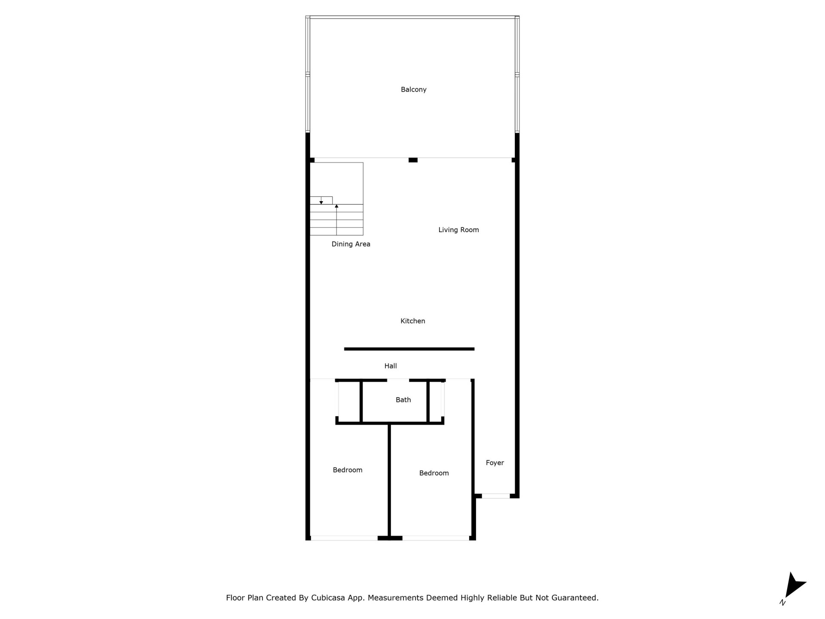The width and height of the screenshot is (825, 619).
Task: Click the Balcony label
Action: [413, 89]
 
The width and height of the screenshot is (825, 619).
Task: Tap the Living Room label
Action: [458, 230]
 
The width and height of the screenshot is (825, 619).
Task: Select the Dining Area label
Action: [351, 244]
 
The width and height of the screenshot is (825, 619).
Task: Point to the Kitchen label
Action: [412, 321]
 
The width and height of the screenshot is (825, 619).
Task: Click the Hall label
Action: [391, 366]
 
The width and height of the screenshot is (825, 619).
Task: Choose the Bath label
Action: [403, 400]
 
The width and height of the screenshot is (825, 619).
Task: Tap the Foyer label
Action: [495, 463]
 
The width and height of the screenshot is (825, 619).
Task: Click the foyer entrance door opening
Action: [495, 496]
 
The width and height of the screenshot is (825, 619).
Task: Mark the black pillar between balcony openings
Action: [413, 160]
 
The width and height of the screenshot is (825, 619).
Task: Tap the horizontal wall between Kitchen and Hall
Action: [409, 349]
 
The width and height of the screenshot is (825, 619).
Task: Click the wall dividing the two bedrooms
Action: [389, 480]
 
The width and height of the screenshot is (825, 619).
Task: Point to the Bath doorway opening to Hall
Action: [398, 380]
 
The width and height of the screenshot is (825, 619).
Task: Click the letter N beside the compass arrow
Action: [782, 603]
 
